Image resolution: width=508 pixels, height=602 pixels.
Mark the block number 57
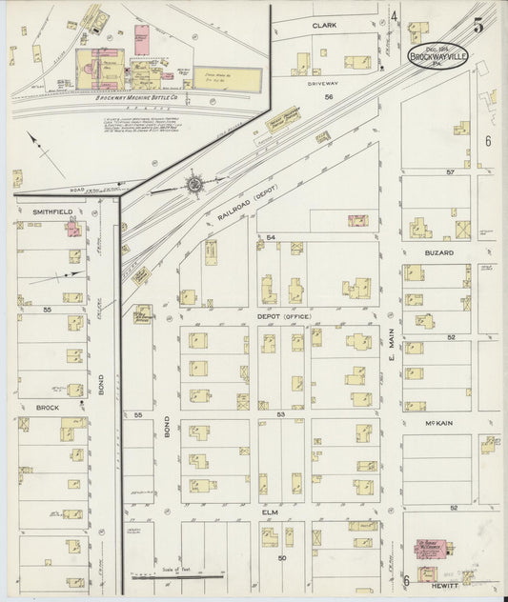(x=450, y=171)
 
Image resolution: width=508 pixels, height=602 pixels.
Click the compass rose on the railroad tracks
(x=194, y=181)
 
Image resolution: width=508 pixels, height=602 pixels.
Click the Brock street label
(x=48, y=407)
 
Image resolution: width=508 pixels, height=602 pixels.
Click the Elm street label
(x=271, y=512)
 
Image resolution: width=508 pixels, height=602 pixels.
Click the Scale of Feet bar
(x=177, y=576)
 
